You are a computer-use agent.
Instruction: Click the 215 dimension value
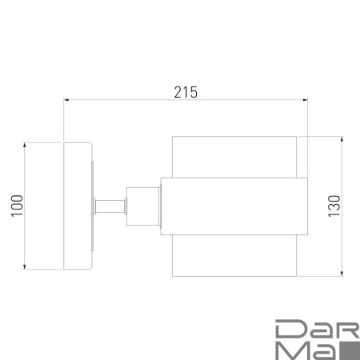click(x=186, y=92)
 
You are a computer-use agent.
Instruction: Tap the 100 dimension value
click(x=17, y=206)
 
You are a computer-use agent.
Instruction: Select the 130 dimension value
click(x=334, y=206)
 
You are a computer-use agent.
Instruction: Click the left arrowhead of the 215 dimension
click(x=66, y=100)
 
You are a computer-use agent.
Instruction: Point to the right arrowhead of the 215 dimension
click(x=305, y=100)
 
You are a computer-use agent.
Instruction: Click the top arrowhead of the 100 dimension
click(x=25, y=146)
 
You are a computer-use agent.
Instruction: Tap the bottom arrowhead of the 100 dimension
click(x=25, y=266)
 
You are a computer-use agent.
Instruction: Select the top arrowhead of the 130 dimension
click(x=342, y=139)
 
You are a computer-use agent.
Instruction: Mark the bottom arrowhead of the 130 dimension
click(x=342, y=274)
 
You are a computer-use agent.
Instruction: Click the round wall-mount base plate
click(x=78, y=206)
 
